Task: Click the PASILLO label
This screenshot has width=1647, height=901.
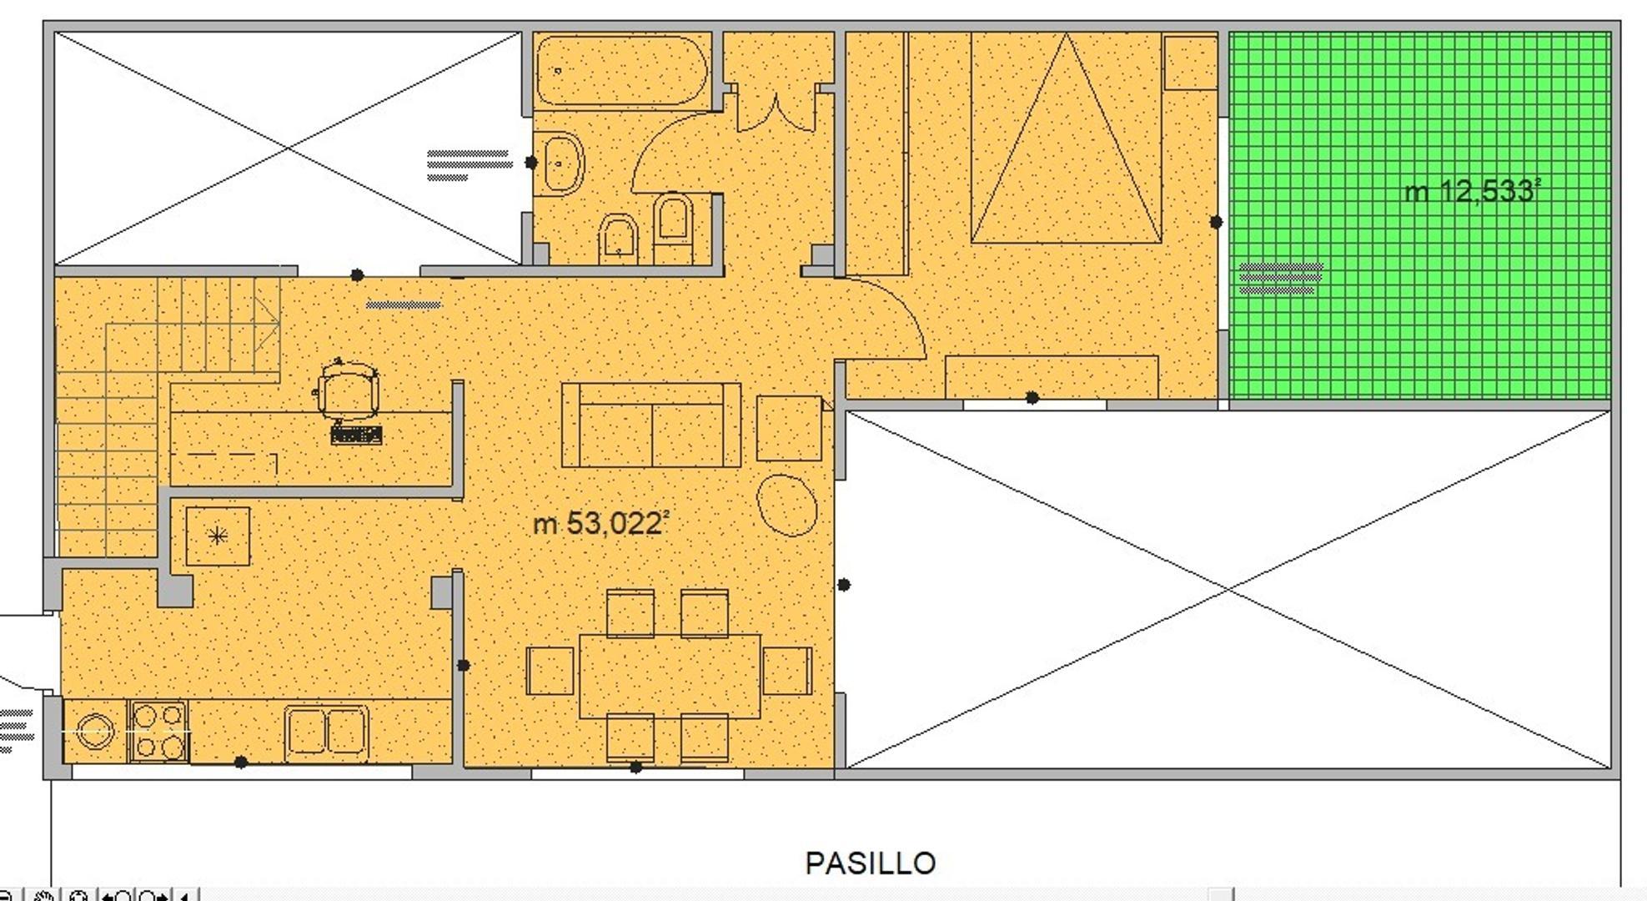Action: click(870, 863)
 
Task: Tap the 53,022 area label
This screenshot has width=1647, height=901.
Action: click(600, 524)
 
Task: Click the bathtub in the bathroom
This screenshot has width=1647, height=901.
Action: click(621, 70)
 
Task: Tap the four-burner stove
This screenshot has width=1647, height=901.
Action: click(158, 731)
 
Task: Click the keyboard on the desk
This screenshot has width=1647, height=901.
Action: click(356, 435)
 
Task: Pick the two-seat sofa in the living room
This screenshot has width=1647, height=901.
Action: click(651, 425)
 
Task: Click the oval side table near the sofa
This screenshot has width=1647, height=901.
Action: click(786, 505)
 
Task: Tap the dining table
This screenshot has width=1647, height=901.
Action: click(670, 676)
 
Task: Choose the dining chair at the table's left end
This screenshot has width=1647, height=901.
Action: click(550, 671)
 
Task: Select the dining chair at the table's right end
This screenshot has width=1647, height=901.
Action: click(787, 671)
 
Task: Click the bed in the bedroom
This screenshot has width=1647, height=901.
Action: click(1066, 138)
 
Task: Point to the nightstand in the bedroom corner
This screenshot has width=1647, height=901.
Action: click(1190, 62)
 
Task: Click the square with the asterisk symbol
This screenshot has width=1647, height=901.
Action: click(218, 536)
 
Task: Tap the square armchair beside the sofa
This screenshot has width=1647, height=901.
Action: click(789, 428)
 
